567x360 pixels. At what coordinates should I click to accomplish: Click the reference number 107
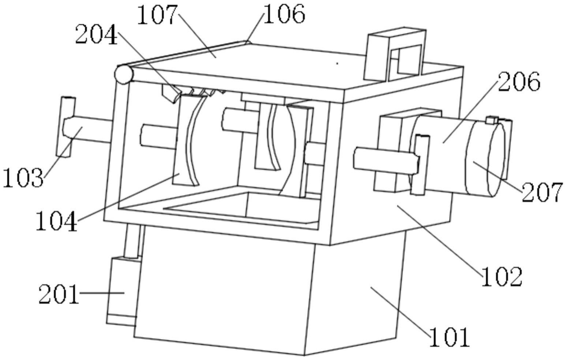tap(157, 15)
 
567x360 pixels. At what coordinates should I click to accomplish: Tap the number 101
tap(449, 337)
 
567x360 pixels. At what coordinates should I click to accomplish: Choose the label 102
tap(501, 277)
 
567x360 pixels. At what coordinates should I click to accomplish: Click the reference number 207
tap(541, 192)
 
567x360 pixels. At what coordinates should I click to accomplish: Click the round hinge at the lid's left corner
tap(124, 74)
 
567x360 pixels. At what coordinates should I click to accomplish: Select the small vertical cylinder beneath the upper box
tap(132, 241)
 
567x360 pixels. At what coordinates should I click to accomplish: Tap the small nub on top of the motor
tap(492, 120)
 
